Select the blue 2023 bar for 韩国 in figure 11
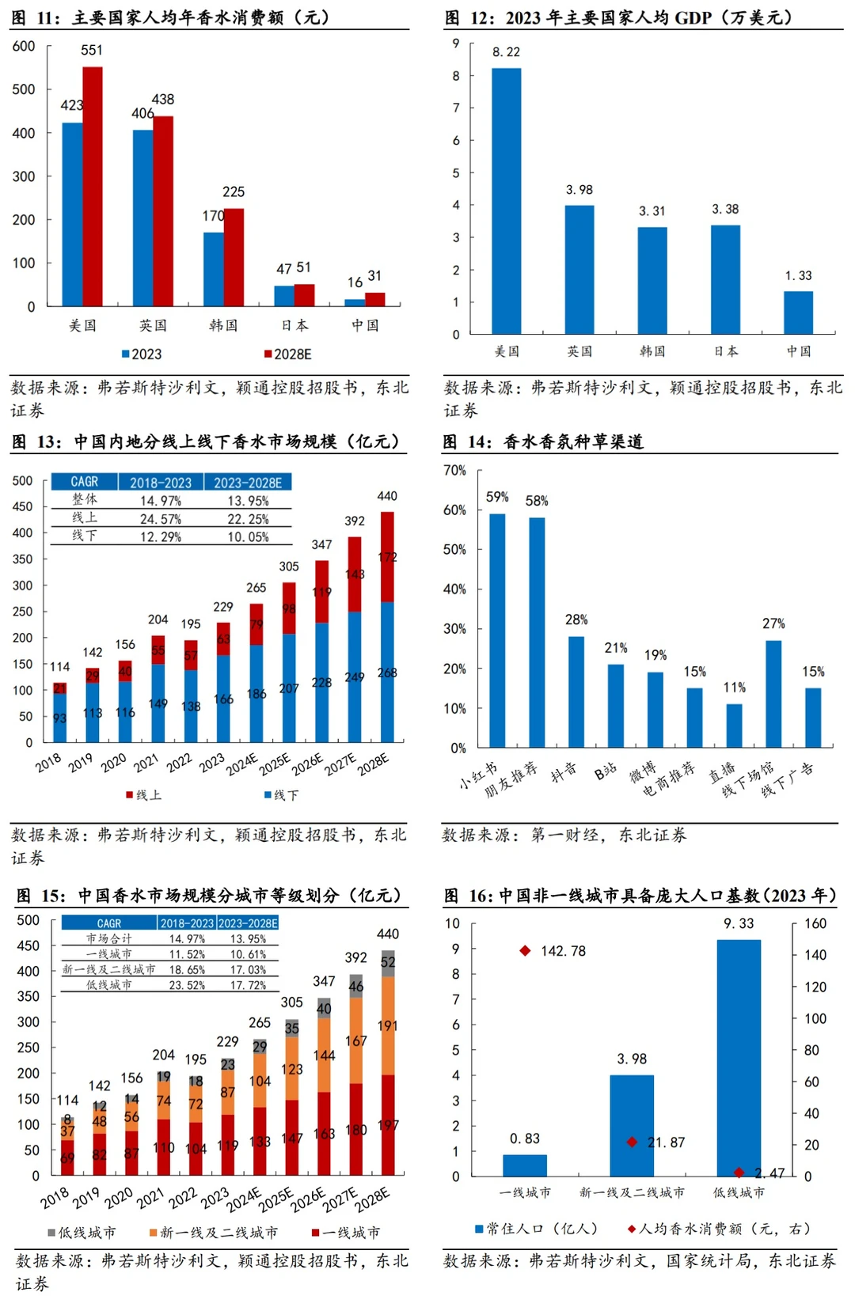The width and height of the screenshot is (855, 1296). click(213, 269)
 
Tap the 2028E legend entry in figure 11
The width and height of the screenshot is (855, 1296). click(288, 354)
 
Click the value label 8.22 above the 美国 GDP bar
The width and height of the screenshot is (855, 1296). click(506, 52)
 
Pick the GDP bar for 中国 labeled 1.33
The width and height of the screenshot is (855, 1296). click(798, 313)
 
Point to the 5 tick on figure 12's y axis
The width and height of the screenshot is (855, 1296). click(456, 172)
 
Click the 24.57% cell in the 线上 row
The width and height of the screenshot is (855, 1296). click(161, 519)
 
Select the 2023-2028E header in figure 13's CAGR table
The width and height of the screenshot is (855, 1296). click(247, 482)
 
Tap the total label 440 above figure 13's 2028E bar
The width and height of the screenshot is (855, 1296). click(387, 496)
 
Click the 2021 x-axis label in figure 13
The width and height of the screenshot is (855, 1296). click(146, 763)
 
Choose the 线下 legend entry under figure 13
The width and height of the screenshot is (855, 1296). click(282, 794)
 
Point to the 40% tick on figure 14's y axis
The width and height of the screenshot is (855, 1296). click(454, 589)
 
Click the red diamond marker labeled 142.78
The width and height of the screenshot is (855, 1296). click(525, 950)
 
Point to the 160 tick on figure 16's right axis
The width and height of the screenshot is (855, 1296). click(815, 923)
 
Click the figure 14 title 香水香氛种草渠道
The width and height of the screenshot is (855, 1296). click(573, 441)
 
